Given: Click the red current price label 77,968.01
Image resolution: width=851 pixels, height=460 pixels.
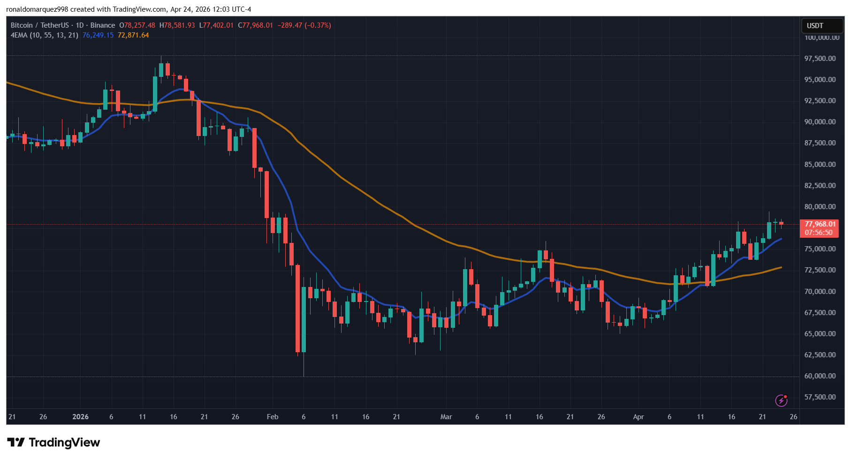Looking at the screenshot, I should point(820,224).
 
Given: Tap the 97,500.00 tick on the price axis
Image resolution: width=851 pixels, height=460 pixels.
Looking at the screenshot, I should point(820,59).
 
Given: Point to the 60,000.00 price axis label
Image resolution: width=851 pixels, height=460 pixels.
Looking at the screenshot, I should point(820,376).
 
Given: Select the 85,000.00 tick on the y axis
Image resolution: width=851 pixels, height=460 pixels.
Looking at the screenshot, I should point(820,165).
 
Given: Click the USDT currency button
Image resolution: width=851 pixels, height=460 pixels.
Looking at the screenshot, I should point(815,26).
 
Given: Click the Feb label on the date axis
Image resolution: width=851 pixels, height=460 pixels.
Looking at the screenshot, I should point(273,417).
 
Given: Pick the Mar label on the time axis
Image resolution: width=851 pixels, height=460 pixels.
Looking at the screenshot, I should point(446,417).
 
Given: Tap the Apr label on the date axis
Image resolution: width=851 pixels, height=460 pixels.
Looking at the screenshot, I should point(638,417).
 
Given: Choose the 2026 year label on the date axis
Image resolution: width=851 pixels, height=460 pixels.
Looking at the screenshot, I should point(80,417).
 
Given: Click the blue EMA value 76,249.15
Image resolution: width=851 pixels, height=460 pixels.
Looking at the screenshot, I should point(98,35).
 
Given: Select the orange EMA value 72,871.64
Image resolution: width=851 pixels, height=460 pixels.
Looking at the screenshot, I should point(133,35).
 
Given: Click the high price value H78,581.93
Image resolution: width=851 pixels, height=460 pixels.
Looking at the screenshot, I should point(177,25).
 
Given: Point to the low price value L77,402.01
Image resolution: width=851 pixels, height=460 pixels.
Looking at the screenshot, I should point(216,25).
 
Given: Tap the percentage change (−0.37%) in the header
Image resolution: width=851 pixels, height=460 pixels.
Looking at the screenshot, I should point(318,25).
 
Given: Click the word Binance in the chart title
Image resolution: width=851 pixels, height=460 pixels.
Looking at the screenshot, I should point(103,25).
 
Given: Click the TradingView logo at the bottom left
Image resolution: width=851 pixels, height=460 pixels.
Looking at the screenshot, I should point(53,443).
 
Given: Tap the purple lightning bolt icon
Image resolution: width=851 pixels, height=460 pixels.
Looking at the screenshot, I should point(781,400).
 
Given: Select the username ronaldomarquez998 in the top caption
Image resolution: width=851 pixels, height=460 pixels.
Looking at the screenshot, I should point(37,9).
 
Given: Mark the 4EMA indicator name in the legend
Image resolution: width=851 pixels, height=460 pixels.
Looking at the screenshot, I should point(19,35).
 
